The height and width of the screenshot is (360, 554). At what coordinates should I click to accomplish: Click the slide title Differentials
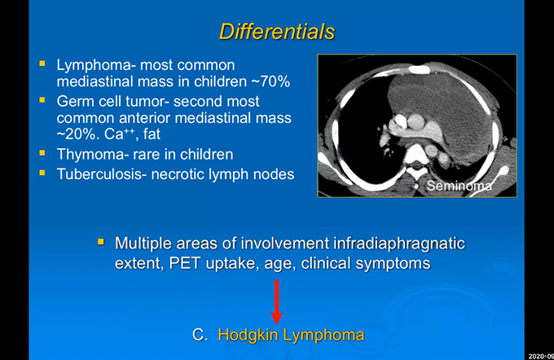(x=277, y=32)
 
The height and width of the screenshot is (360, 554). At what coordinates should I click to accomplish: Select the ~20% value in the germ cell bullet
(x=76, y=134)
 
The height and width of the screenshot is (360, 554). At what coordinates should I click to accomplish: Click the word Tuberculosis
(x=99, y=174)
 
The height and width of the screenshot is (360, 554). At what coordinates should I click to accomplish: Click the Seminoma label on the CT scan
(x=459, y=186)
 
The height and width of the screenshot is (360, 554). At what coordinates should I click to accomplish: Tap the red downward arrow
(x=277, y=301)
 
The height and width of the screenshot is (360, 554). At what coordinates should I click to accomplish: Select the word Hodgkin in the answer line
(x=248, y=336)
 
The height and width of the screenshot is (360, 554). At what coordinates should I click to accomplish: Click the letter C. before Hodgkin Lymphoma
(x=200, y=335)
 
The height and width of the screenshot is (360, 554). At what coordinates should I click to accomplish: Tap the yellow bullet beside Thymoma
(x=42, y=153)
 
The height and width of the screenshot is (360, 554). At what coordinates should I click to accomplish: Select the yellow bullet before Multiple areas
(x=101, y=242)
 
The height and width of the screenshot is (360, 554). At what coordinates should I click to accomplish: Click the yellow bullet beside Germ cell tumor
(x=42, y=100)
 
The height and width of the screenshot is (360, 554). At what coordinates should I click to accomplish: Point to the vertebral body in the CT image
(x=415, y=154)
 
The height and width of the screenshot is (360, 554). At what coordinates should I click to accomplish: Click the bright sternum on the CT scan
(x=420, y=69)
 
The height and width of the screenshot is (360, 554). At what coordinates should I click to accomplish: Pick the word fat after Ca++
(x=152, y=134)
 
